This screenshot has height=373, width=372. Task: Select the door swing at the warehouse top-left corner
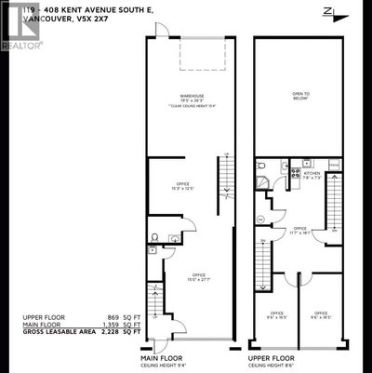pyautogui.click(x=163, y=31)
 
